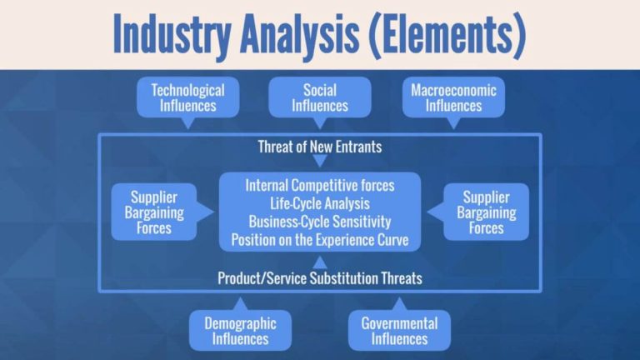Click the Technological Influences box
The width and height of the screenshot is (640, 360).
click(x=187, y=97)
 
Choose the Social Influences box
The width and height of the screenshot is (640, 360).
click(x=320, y=97)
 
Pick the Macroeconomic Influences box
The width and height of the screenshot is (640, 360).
click(x=453, y=97)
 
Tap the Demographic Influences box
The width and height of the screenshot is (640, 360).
click(x=240, y=330)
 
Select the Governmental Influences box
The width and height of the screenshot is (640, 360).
click(x=399, y=330)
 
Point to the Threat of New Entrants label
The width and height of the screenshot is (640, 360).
click(x=320, y=147)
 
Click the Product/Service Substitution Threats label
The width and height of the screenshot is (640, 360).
click(x=320, y=278)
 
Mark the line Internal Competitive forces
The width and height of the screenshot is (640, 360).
click(x=320, y=184)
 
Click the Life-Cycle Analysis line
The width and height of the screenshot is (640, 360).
click(x=320, y=202)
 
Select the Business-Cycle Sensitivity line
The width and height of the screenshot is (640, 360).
click(x=320, y=222)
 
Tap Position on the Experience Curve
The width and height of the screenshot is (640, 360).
click(x=320, y=240)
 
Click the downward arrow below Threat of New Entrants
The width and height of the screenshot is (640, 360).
click(x=320, y=162)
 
